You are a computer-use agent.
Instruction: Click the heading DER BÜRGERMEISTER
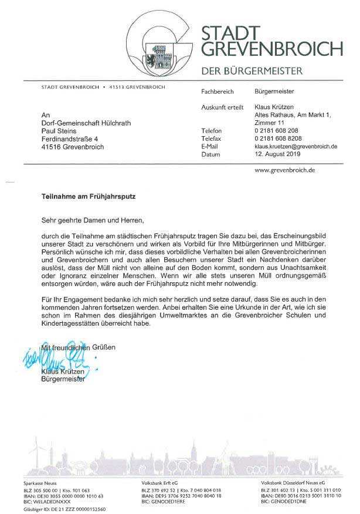(252, 71)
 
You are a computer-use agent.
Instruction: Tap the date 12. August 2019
(277, 154)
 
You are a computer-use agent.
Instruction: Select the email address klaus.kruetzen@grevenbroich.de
(296, 146)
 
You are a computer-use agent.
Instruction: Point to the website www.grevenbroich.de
(286, 170)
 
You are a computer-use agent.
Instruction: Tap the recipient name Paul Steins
(59, 131)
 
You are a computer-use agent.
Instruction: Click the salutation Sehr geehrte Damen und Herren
(93, 220)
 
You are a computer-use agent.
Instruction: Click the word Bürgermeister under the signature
(63, 379)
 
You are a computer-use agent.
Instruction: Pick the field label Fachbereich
(217, 92)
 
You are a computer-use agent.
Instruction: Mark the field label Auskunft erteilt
(222, 107)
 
